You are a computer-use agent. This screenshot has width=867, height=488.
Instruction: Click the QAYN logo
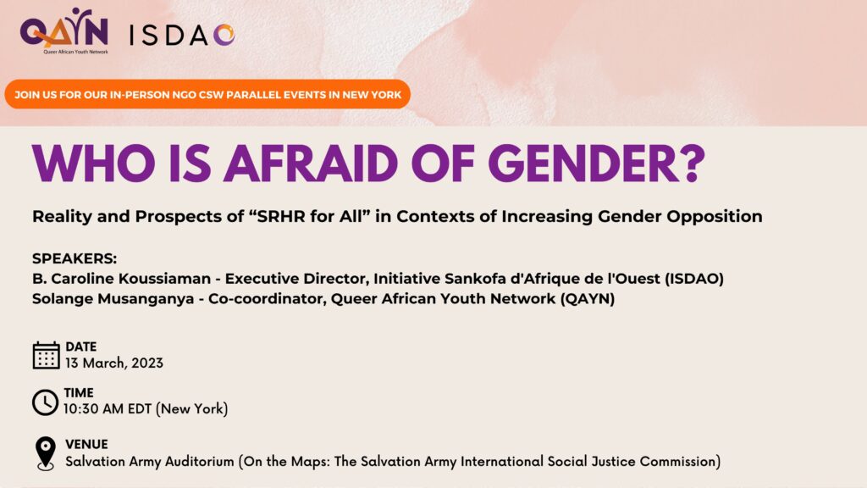(64, 30)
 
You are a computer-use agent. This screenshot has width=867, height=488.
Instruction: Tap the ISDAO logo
(182, 36)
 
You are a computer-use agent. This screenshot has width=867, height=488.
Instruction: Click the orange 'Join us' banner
(207, 94)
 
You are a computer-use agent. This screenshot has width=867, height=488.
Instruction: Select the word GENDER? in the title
(596, 164)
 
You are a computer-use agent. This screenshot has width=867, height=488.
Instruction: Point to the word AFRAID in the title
(310, 164)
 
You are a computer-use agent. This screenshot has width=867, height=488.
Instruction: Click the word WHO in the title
(93, 164)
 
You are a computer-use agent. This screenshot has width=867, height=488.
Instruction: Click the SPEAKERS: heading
(75, 258)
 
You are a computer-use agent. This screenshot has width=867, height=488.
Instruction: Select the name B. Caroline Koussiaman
(122, 278)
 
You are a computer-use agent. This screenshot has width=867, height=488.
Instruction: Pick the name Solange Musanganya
(113, 299)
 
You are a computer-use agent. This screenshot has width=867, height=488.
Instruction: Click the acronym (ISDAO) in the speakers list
(694, 278)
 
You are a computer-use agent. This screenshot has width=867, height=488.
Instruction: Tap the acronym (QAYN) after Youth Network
(588, 299)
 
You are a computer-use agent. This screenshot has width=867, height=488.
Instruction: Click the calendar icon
(46, 355)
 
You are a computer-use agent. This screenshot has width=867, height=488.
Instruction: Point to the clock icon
(45, 402)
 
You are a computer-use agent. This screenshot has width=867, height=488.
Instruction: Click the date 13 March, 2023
(114, 363)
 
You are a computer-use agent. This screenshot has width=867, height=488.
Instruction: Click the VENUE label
(87, 444)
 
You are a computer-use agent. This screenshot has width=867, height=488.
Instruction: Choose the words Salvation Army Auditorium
(150, 462)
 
